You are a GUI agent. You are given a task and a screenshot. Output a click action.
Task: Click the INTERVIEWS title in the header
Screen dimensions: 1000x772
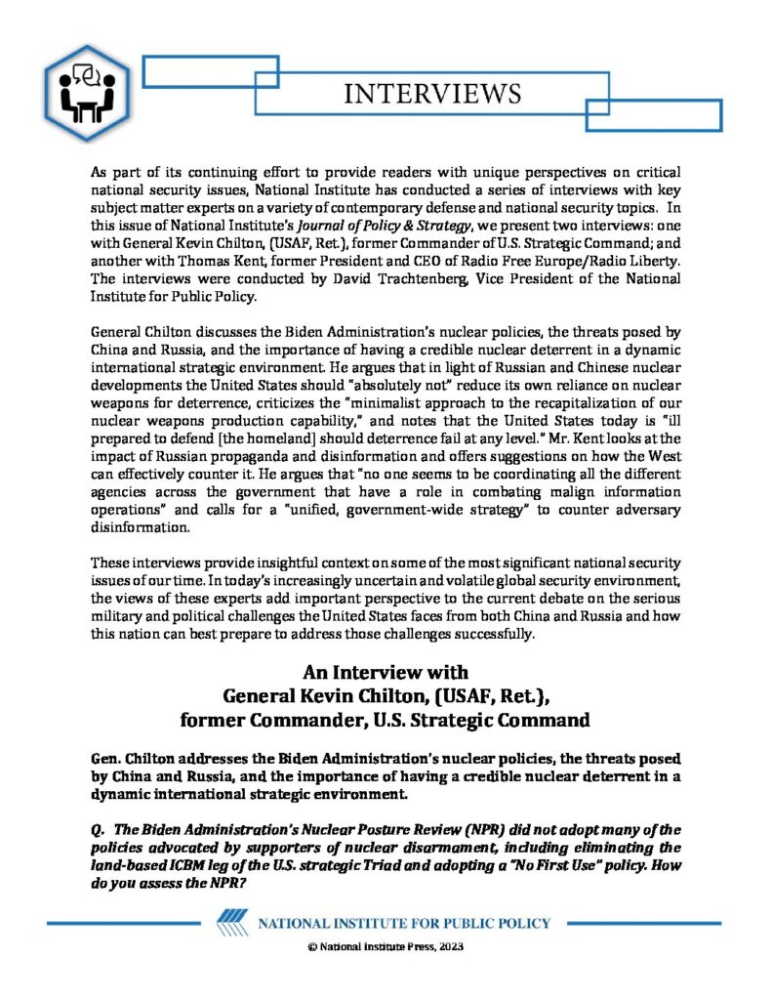click(432, 94)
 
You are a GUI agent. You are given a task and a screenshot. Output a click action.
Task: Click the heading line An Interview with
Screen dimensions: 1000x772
click(386, 673)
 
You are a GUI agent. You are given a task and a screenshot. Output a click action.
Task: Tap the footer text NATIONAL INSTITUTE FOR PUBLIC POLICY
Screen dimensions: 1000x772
click(404, 924)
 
